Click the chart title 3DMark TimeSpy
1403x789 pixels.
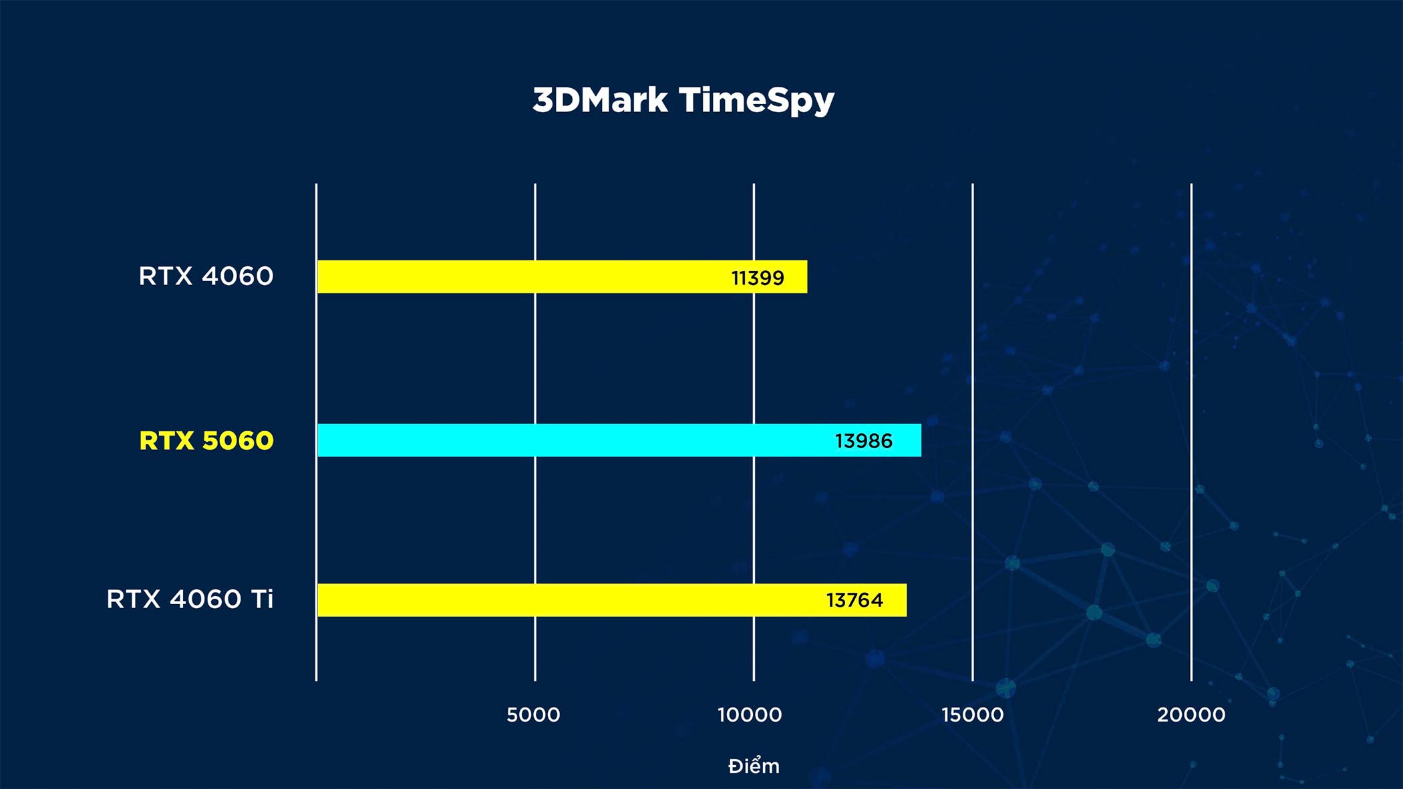[x=683, y=101]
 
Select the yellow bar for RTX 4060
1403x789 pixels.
[x=562, y=276]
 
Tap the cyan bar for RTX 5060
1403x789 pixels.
[x=619, y=440]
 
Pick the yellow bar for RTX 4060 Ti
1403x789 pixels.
[x=612, y=600]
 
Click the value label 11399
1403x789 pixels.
[x=758, y=278]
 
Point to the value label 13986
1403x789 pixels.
[x=863, y=441]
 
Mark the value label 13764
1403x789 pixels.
[x=854, y=600]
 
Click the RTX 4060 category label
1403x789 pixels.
[x=206, y=276]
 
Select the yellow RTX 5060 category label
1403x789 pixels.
[x=206, y=441]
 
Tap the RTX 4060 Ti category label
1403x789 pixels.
[x=190, y=599]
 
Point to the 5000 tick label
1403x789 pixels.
[x=533, y=715]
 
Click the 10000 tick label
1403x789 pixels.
[x=750, y=715]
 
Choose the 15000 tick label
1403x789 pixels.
[x=972, y=715]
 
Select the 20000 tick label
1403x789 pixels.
[x=1191, y=715]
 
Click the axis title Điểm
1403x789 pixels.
[x=754, y=765]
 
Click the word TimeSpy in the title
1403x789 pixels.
[x=757, y=101]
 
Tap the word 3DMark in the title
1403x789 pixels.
[x=600, y=100]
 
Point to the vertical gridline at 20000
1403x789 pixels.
[x=1191, y=432]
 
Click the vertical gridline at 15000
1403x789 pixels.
[x=973, y=432]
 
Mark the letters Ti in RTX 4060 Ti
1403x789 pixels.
[x=262, y=599]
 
